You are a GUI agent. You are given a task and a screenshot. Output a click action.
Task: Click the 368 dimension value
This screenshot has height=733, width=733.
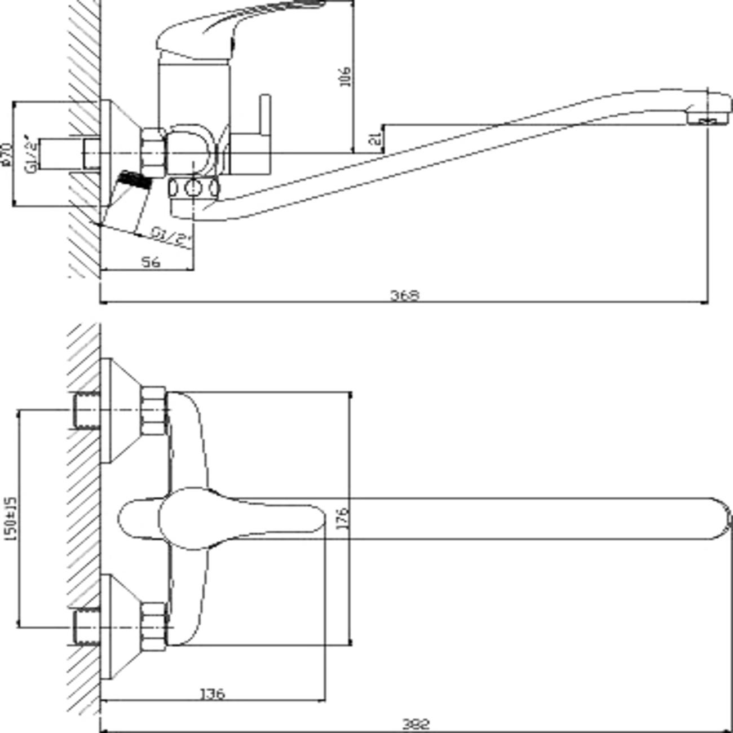[405, 295]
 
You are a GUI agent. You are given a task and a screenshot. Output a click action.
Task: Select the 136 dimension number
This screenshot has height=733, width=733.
[212, 693]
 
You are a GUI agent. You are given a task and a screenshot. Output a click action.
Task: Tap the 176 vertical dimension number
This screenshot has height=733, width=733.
[342, 518]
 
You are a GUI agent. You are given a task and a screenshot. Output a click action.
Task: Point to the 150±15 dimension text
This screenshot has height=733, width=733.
[10, 518]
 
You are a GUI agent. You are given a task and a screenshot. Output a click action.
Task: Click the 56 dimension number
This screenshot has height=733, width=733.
[150, 262]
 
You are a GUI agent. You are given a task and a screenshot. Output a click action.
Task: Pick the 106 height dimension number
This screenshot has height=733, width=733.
[345, 76]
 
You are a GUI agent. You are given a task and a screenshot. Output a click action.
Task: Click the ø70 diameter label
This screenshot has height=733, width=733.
[7, 154]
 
